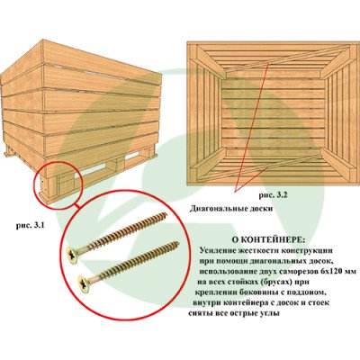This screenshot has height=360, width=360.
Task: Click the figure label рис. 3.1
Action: point(31,226)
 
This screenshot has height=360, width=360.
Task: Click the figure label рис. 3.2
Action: point(274,195)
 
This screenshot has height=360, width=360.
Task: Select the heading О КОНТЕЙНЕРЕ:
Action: point(268,240)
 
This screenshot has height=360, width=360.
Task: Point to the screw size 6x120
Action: point(325,272)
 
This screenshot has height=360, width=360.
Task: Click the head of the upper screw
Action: point(72,256)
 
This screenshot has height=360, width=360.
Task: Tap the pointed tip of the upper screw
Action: point(166,214)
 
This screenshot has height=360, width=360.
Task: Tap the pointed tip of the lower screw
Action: point(178,242)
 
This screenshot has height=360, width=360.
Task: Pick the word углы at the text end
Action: point(269,314)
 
